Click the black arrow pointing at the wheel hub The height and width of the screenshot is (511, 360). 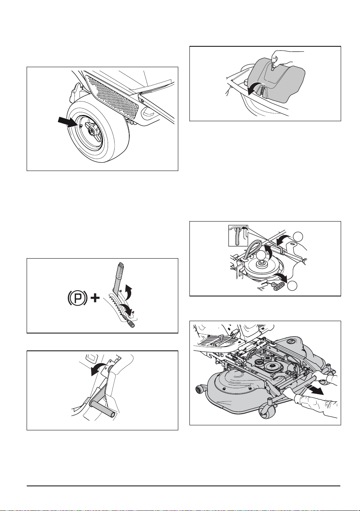[x=68, y=122]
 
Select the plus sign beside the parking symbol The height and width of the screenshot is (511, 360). [x=95, y=298]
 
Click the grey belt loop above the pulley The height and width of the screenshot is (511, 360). [x=250, y=250]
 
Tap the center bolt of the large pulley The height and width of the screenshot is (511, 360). [x=260, y=265]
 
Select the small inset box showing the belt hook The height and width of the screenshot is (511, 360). [x=238, y=236]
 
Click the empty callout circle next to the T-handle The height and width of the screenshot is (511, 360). [x=292, y=286]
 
